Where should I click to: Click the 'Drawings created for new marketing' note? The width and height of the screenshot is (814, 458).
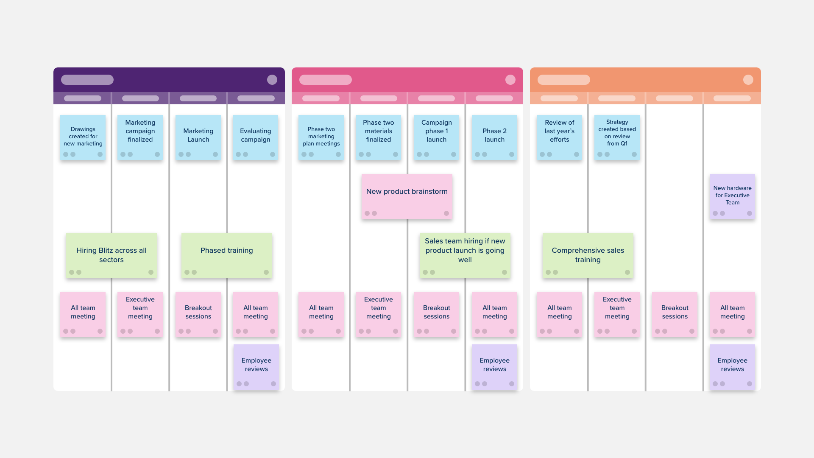[83, 137]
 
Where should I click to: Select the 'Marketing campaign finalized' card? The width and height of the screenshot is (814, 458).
[140, 137]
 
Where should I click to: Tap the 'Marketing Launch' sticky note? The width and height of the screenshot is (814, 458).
[198, 137]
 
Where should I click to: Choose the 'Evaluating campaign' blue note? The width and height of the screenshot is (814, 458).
[255, 137]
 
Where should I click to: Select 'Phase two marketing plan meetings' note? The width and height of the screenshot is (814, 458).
[321, 137]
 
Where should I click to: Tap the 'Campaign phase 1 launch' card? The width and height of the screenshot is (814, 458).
[436, 137]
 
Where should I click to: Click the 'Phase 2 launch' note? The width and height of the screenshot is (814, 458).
[494, 137]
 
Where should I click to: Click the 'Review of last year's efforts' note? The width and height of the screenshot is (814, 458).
[559, 137]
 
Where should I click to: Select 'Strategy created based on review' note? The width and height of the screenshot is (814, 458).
[617, 137]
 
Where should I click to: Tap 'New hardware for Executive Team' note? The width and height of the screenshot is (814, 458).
[732, 196]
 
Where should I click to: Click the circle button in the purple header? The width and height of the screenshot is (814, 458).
[272, 80]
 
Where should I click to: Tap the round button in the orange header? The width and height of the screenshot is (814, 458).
[748, 80]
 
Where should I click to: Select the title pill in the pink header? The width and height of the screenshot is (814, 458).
[326, 80]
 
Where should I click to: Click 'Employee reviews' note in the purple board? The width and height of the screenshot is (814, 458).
[256, 367]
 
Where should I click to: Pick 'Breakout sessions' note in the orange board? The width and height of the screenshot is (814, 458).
[675, 314]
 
